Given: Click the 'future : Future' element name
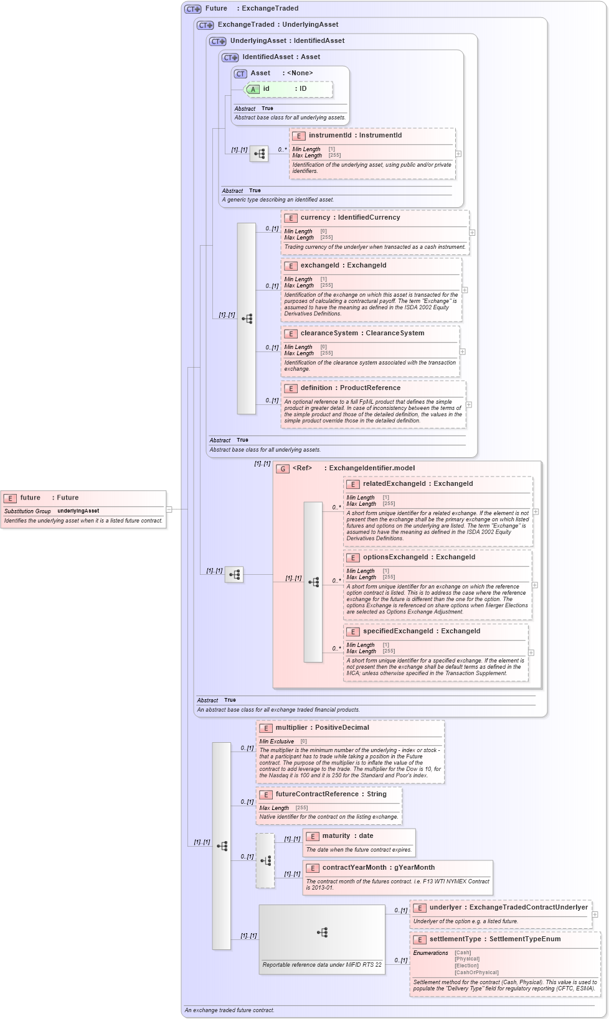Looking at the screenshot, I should pos(49,498).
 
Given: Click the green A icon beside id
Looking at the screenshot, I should pos(253,89).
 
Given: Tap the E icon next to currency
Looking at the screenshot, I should pos(291,218).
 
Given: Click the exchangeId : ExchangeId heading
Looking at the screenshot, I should pos(343,266).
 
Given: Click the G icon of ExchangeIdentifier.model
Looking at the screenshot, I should pos(283,468).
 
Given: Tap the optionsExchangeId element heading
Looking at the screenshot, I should pos(419,557).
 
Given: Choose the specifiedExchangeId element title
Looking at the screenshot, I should pos(422,631).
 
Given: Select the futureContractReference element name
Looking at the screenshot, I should pos(331,794).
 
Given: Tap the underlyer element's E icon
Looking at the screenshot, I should pos(420,908).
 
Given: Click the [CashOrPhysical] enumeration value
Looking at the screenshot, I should pos(476,972).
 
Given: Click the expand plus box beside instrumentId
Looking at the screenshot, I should pos(458,154).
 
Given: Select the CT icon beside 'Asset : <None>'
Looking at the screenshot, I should pos(240,74).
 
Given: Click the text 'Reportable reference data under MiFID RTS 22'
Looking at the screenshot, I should pos(322,965).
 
